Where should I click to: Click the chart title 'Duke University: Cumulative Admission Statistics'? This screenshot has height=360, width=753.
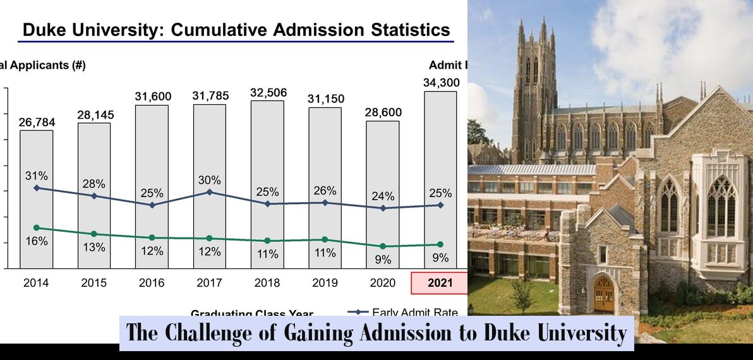[x=236, y=30]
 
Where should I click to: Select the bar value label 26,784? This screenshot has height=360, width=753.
[x=36, y=122]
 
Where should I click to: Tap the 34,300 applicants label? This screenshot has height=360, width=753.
[x=440, y=83]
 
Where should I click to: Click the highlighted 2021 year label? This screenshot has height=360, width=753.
[x=440, y=283]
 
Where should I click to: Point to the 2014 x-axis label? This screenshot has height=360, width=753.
[x=36, y=283]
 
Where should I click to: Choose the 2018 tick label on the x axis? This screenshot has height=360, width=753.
[x=267, y=283]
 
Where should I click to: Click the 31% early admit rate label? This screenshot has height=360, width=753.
[x=36, y=176]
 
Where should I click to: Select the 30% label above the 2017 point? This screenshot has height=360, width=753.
[x=209, y=180]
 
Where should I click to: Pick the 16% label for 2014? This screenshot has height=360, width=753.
[x=36, y=241]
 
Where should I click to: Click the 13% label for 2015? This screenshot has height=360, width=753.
[x=93, y=248]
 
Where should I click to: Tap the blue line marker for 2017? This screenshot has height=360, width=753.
[x=209, y=192]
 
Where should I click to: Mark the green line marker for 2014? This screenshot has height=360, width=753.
[x=36, y=227]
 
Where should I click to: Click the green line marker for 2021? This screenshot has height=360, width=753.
[x=440, y=244]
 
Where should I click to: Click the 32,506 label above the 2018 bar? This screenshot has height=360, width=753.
[x=268, y=93]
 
